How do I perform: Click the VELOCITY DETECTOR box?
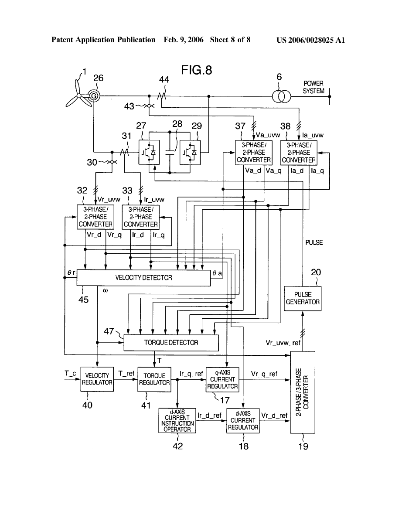coord(143,277)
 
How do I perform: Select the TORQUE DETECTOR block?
coord(171,343)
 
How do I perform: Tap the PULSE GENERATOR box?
coord(303,298)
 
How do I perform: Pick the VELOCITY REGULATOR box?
coord(97,379)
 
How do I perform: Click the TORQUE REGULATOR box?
coord(154,379)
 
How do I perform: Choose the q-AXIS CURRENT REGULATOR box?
coord(222,379)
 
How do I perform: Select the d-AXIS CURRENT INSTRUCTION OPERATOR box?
coord(177,420)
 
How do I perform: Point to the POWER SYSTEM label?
coord(313,87)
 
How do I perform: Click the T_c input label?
coord(71,373)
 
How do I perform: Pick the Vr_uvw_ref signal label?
coord(283,343)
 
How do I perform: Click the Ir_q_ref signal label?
coord(191,374)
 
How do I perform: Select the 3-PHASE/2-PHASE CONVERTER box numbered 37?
coord(253,153)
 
